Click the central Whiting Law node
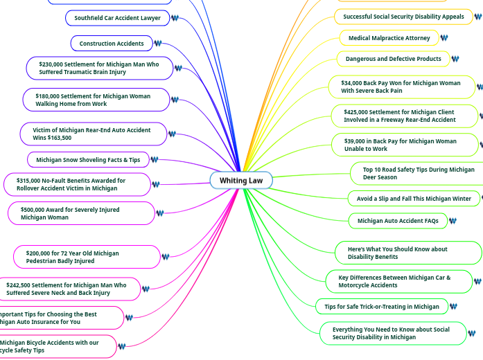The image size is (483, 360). [241, 181]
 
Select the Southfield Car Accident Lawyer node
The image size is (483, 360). [117, 18]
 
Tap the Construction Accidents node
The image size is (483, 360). [112, 44]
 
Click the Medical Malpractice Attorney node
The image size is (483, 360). [389, 38]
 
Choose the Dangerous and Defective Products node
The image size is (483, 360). [393, 59]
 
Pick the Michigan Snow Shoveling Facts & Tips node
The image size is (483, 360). [88, 160]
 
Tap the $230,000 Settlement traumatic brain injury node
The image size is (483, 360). [98, 68]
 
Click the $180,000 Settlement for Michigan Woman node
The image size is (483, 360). [96, 100]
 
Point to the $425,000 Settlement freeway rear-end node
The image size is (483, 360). [403, 116]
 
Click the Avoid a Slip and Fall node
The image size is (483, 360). [414, 199]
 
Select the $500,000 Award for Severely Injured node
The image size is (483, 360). [81, 213]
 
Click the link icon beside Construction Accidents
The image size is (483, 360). [158, 44]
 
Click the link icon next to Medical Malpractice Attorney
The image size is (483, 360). [444, 38]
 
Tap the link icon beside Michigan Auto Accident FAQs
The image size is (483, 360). [453, 221]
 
